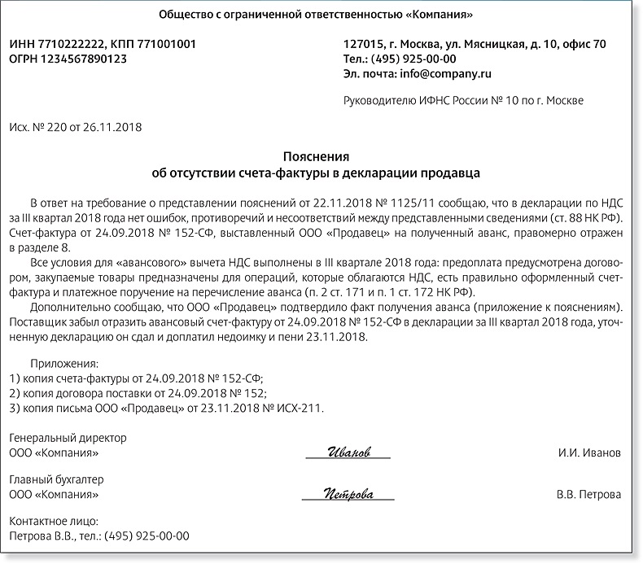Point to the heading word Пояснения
(x=316, y=156)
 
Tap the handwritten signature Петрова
(x=348, y=493)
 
